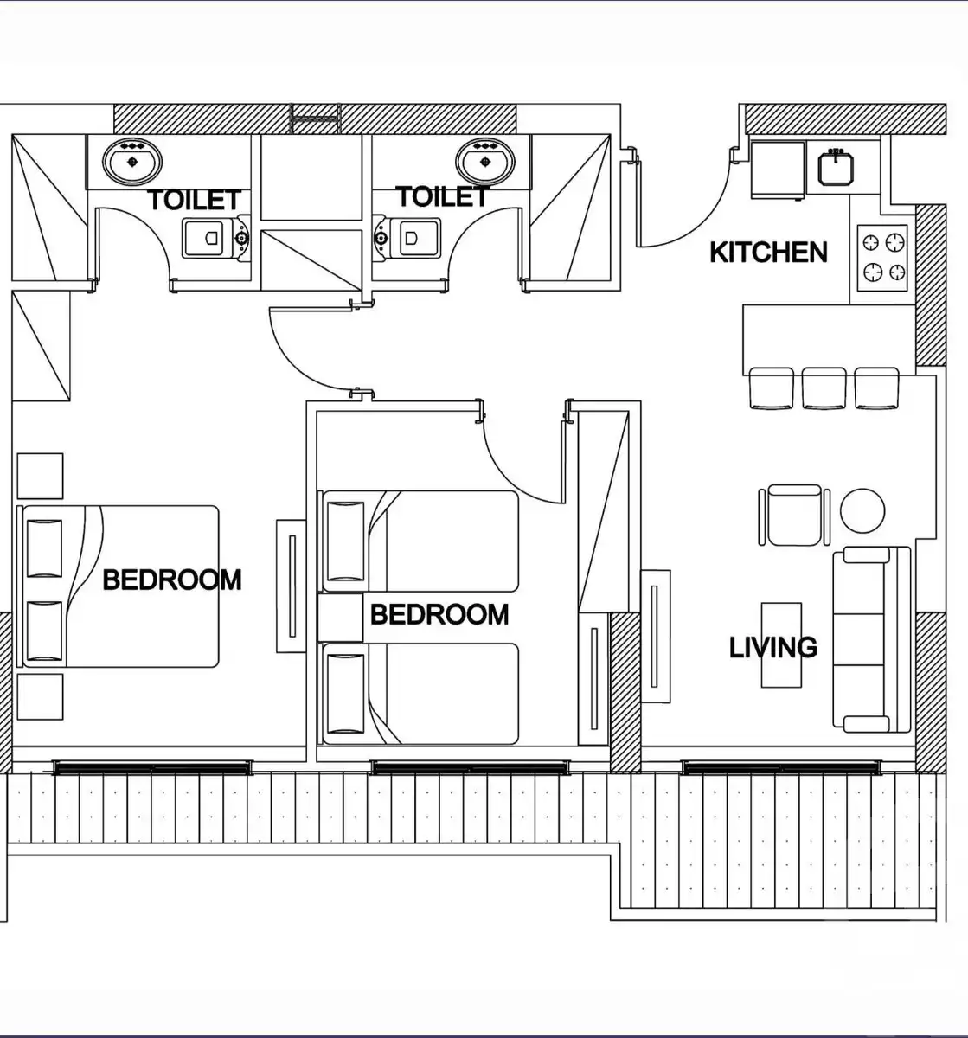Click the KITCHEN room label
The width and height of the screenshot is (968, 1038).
768,253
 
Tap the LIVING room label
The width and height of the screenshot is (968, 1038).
773,647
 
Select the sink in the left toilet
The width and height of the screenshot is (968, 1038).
132,161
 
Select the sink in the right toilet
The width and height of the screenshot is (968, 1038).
485,161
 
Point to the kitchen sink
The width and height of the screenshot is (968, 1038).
836,167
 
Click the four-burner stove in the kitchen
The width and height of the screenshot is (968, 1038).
882,258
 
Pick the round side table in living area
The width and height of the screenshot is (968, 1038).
862,510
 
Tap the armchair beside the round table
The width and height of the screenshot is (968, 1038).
794,516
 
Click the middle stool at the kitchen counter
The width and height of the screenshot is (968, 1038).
824,388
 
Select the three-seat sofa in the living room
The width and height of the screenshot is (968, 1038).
871,640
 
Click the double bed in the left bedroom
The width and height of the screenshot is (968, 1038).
119,586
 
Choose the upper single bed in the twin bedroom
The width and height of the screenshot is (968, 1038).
419,541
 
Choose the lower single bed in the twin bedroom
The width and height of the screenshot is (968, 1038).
419,694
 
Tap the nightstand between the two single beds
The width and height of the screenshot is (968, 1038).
341,618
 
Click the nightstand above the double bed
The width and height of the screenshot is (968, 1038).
41,476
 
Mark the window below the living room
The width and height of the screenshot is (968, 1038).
781,767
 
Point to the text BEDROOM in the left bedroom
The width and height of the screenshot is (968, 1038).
172,580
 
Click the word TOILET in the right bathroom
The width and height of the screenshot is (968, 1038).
442,196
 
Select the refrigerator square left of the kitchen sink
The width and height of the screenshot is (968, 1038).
778,170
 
